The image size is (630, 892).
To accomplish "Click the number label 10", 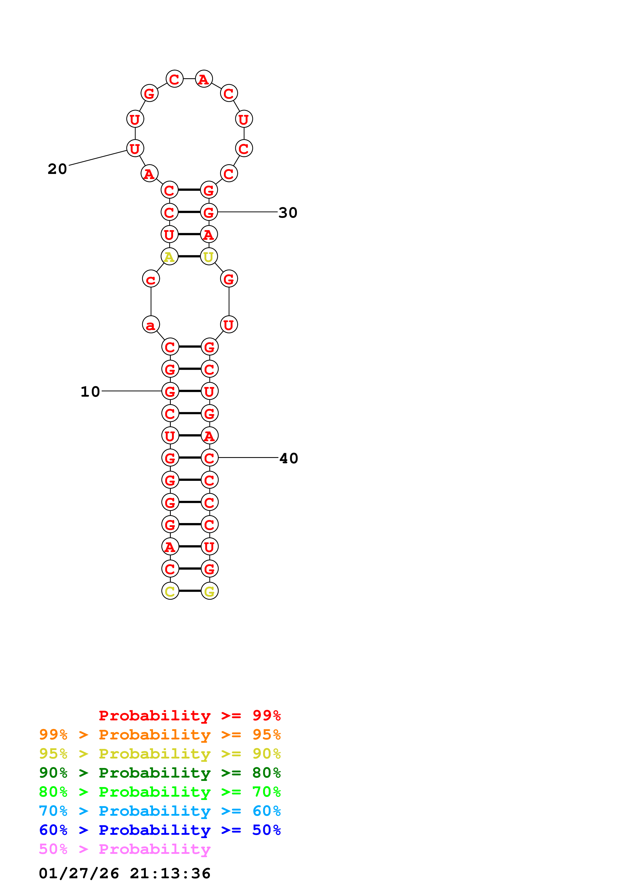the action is (90, 392).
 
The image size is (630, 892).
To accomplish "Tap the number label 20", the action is (57, 169).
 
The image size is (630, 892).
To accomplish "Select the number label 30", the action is (288, 213).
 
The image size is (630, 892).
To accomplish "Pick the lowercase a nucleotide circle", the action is (151, 324).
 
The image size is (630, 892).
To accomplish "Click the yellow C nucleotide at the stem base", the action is (170, 591).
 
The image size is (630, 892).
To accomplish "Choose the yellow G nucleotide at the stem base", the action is (210, 591).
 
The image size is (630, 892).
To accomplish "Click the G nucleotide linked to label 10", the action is (170, 391).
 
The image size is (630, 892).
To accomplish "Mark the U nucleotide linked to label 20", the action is (135, 148).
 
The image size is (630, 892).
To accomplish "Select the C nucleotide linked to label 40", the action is (210, 458).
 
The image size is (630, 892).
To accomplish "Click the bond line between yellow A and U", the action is (189, 256).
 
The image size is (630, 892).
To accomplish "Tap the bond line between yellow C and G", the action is (190, 591).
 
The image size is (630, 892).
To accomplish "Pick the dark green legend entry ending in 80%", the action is (160, 773).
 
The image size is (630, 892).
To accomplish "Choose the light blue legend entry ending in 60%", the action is (160, 811).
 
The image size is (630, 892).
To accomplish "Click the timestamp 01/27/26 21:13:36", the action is (125, 873).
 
